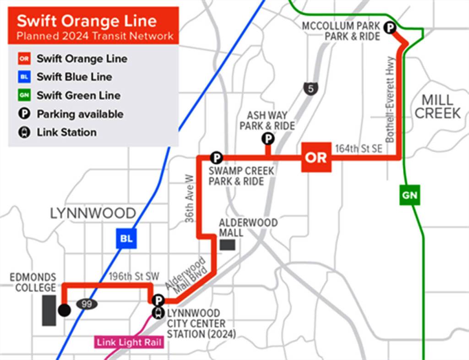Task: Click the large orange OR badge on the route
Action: (316, 157)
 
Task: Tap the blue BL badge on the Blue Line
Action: (126, 238)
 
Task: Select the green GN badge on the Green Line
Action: (409, 195)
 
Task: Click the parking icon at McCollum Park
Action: (390, 28)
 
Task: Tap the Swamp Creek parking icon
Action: (216, 158)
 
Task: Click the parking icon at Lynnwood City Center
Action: (158, 300)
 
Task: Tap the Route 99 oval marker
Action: (87, 303)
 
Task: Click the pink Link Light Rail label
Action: (130, 342)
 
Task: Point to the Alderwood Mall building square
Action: (228, 245)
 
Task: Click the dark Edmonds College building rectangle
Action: (49, 310)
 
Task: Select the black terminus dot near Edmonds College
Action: (64, 311)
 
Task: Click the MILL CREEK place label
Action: (437, 107)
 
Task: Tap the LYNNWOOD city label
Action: (93, 213)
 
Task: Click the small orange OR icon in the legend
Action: (24, 59)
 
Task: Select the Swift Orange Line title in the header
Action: (87, 21)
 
